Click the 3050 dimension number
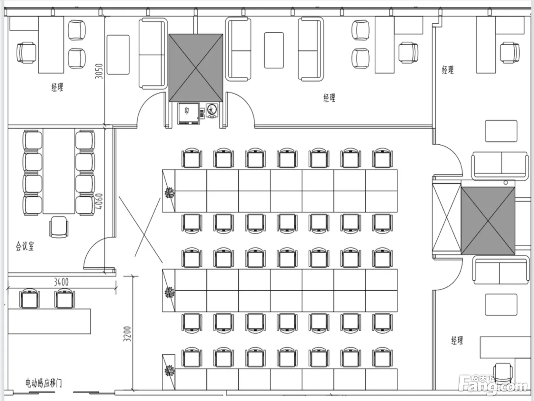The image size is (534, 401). click(x=99, y=71)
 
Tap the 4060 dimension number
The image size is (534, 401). click(x=99, y=201)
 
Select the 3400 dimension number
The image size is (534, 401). click(x=61, y=282)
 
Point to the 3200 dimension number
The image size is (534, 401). click(x=127, y=334)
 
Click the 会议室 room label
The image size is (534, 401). click(x=25, y=246)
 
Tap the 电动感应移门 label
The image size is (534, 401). click(x=44, y=383)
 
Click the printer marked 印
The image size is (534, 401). click(x=188, y=113)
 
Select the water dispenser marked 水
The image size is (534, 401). click(x=212, y=111)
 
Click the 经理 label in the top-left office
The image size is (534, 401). click(x=58, y=87)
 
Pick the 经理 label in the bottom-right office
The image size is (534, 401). click(x=457, y=340)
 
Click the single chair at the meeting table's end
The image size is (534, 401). click(x=59, y=227)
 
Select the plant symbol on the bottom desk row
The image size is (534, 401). click(x=169, y=371)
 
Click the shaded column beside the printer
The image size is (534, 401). click(x=196, y=68)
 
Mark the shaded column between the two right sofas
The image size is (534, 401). click(x=488, y=221)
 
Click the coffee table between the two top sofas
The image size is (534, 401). click(x=274, y=50)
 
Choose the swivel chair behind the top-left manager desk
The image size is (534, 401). click(x=27, y=53)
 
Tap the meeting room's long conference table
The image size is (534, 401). click(x=59, y=171)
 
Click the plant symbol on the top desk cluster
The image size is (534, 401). click(x=169, y=193)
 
